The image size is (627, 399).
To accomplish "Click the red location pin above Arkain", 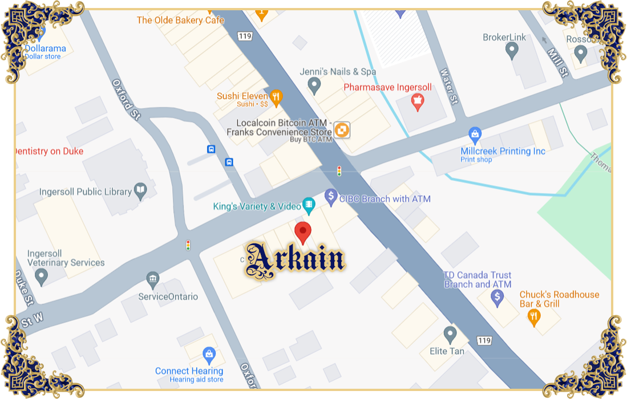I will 303,232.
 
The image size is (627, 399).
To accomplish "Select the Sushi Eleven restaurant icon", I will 276,97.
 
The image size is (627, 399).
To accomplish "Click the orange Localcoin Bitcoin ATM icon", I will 342,130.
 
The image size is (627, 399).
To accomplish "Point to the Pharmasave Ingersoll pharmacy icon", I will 419,102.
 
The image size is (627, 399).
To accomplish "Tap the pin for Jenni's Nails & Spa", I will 314,86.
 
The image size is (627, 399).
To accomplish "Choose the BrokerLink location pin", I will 512,51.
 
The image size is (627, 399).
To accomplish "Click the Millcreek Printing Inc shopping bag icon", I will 475,136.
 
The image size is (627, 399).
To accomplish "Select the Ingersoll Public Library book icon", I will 140,190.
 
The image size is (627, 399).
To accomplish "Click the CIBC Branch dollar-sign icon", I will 331,197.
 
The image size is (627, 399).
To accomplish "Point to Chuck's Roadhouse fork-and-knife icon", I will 534,316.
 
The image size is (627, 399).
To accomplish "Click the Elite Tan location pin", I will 450,334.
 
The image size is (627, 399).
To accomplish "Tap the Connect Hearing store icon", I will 209,355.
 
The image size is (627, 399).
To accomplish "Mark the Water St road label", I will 449,87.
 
